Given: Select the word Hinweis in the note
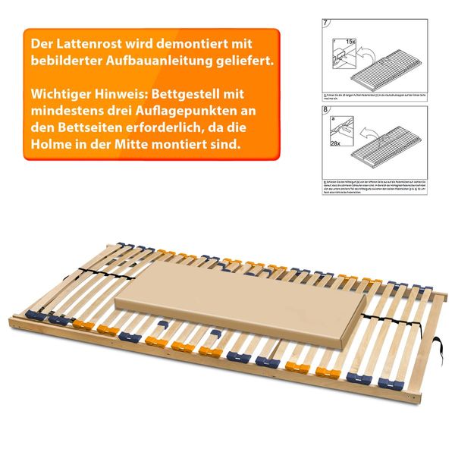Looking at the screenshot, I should point(120,96).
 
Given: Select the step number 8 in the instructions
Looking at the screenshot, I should point(326,111).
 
